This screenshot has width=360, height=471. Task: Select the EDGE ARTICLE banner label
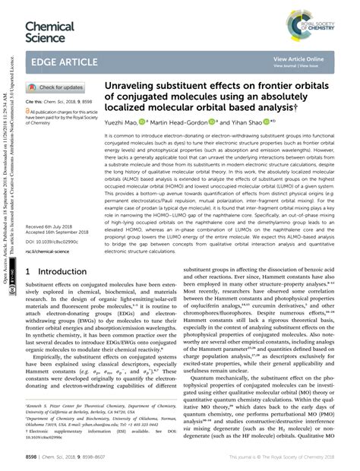pyautogui.click(x=63, y=62)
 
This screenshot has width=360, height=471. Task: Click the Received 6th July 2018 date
pyautogui.click(x=52, y=206)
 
